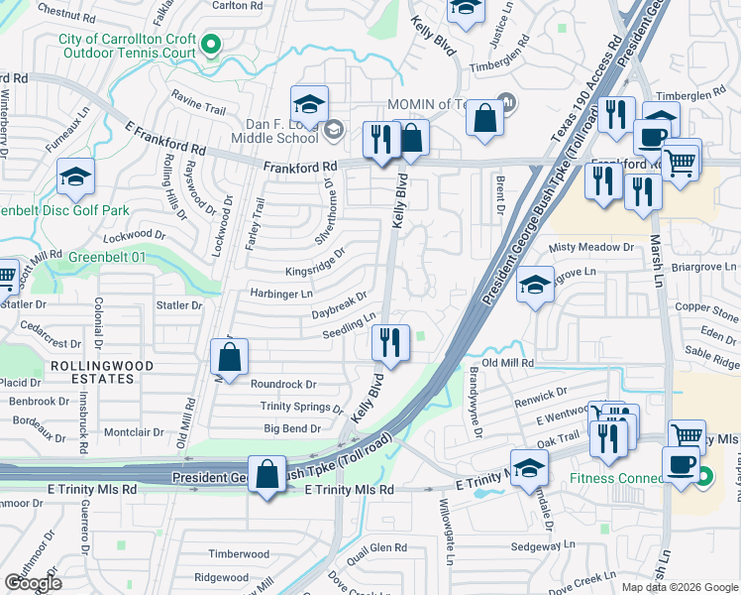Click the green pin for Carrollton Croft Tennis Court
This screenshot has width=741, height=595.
(x=210, y=44)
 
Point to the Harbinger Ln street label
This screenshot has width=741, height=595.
(x=281, y=295)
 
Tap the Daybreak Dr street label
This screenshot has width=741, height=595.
(x=339, y=304)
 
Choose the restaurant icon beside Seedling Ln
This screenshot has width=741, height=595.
(x=391, y=343)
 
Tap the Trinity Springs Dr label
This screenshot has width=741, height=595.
(x=301, y=407)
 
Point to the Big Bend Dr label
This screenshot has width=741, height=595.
(x=292, y=429)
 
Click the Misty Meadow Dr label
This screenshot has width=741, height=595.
(x=590, y=247)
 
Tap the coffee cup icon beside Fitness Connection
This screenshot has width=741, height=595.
(x=680, y=464)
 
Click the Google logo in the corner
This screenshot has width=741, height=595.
(x=33, y=583)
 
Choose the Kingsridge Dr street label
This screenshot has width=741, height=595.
(x=315, y=267)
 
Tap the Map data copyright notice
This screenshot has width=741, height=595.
(x=678, y=587)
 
